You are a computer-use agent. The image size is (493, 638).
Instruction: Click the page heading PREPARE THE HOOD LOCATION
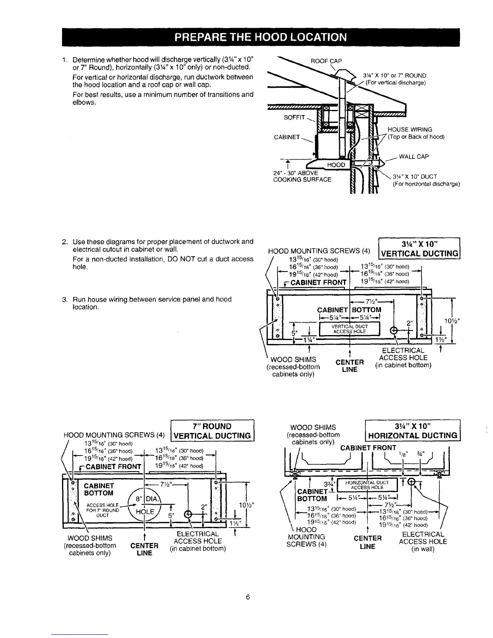pos(261,37)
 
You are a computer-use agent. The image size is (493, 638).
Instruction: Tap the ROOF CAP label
pos(326,61)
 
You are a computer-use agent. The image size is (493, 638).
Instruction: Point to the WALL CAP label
pos(414,157)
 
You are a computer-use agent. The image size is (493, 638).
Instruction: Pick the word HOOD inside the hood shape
pos(336,165)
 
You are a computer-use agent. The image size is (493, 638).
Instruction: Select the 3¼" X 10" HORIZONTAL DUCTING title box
pos(413,431)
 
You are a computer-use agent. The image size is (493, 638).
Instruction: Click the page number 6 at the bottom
pos(248,597)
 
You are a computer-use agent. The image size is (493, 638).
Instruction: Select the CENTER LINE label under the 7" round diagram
pos(144,549)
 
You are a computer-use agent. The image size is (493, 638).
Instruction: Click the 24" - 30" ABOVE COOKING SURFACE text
pos(302,176)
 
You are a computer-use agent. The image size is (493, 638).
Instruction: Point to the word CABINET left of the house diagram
pos(286,137)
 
